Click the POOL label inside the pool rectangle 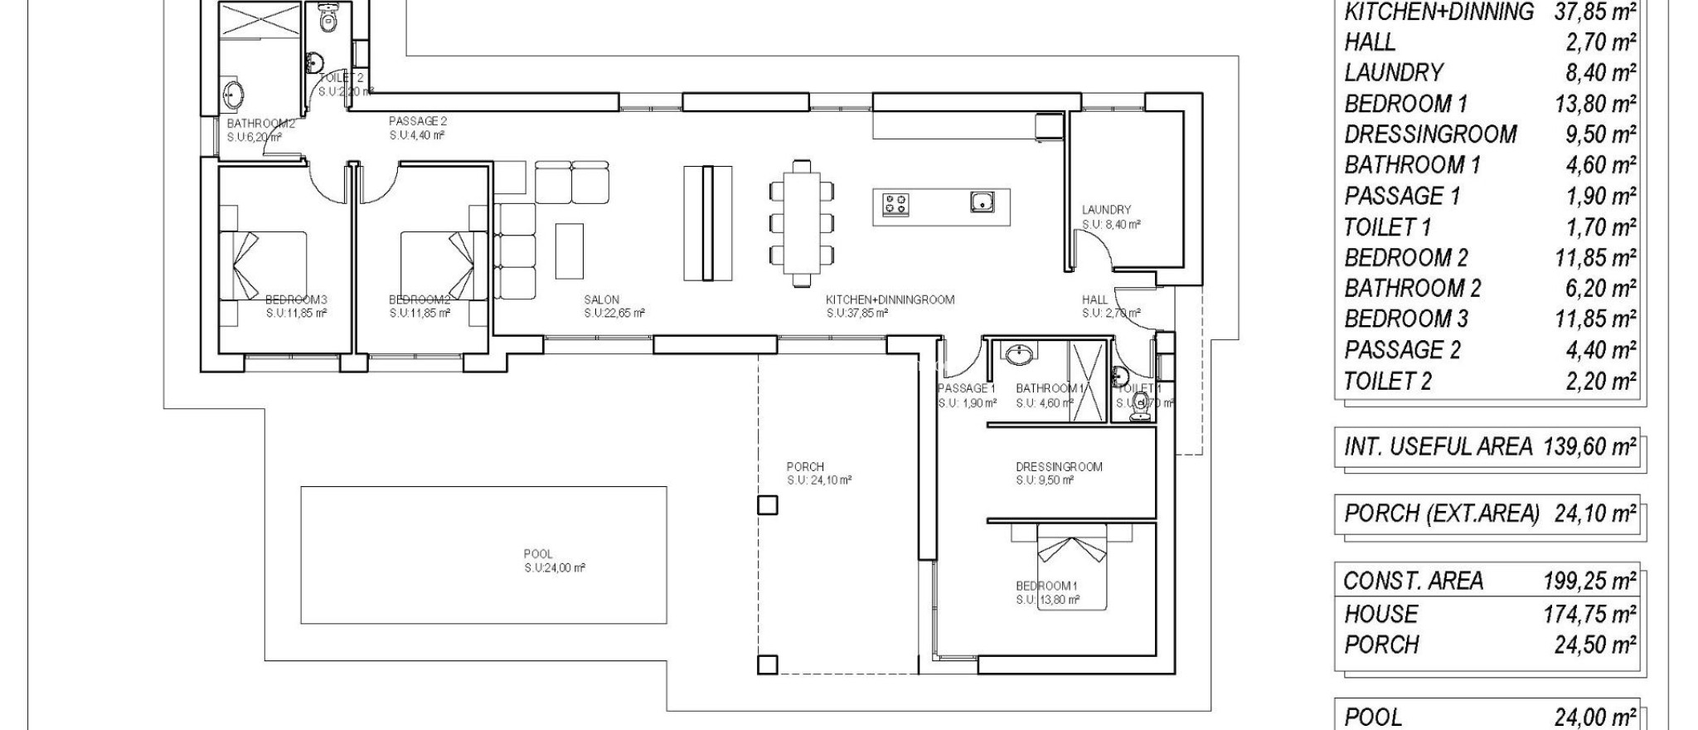(x=538, y=554)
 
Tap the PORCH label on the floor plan (x=805, y=467)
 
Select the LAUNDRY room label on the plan (x=1106, y=210)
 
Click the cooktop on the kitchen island (x=895, y=203)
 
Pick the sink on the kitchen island (x=982, y=201)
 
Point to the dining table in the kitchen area (x=801, y=222)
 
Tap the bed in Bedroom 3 (x=263, y=265)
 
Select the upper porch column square (x=768, y=504)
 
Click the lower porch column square (x=768, y=664)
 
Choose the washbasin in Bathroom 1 (x=1019, y=356)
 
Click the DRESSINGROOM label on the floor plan (x=1059, y=467)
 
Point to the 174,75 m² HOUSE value (x=1589, y=614)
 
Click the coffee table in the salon (x=569, y=251)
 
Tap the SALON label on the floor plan (x=601, y=299)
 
